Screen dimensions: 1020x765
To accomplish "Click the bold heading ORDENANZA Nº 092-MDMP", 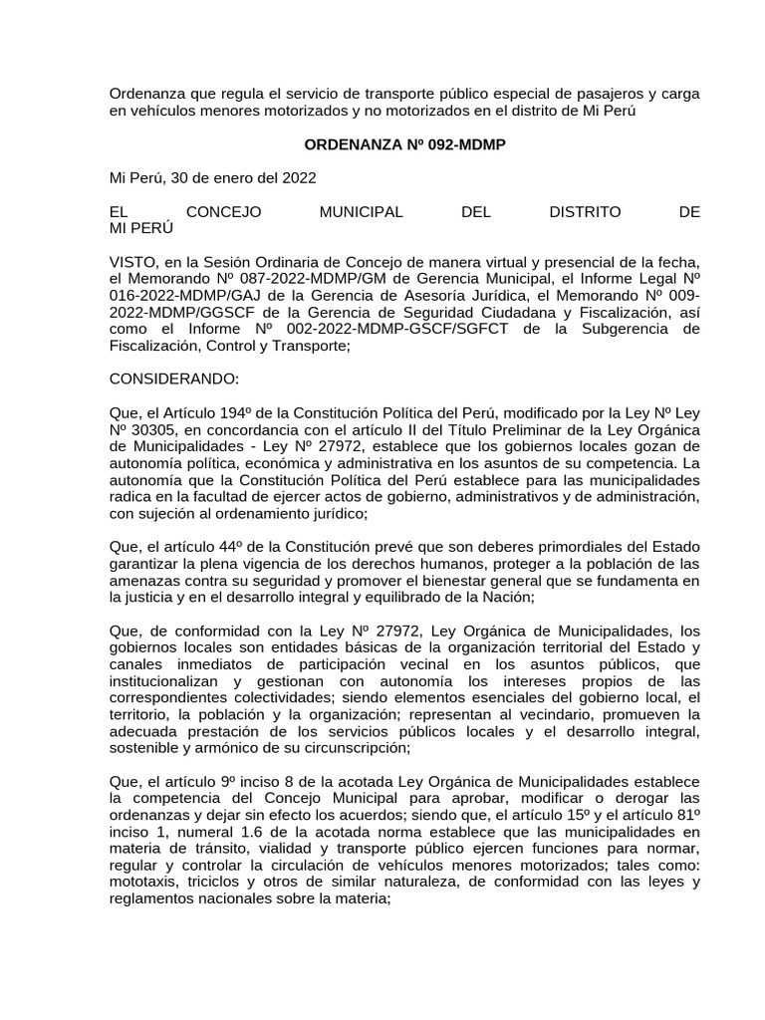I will click(404, 144).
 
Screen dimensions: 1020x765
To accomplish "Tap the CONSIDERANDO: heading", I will click(174, 380).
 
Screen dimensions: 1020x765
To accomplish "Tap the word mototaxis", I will click(140, 883).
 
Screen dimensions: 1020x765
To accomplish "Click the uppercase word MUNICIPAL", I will click(361, 212).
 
